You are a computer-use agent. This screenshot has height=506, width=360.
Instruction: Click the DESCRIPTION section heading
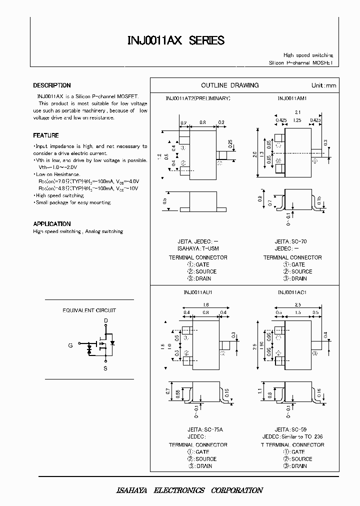coord(52,85)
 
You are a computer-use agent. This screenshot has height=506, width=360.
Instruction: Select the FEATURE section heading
coord(46,135)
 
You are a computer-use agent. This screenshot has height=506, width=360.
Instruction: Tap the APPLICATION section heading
coord(52,224)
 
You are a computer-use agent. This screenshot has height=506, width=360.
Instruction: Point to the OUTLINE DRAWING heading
coord(229,85)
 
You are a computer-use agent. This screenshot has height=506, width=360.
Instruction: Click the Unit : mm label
coord(323,85)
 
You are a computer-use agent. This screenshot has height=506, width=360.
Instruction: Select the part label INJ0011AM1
coord(292,98)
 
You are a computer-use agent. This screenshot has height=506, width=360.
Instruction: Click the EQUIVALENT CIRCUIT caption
coord(89,310)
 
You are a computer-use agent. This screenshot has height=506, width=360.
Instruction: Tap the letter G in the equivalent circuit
coord(70,345)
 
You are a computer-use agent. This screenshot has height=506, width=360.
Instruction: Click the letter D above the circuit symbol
coord(105,320)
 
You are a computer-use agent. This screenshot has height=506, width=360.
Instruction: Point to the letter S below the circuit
coord(105,368)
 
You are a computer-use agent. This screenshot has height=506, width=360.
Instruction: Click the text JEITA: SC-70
coord(290,241)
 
